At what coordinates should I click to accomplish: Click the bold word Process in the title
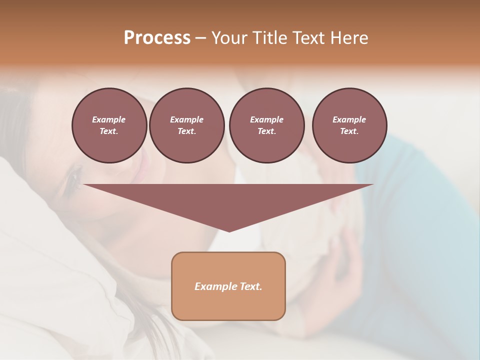point(157,38)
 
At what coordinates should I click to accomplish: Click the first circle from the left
point(109,125)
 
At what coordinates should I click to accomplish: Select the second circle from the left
point(186,125)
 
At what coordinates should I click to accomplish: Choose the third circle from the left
point(266,125)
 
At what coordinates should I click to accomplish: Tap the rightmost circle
point(349,125)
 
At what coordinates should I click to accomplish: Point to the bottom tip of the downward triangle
point(229,231)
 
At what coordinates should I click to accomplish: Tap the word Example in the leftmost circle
point(109,119)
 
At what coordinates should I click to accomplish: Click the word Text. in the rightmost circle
point(349,131)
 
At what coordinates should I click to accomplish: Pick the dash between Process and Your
point(201,38)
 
